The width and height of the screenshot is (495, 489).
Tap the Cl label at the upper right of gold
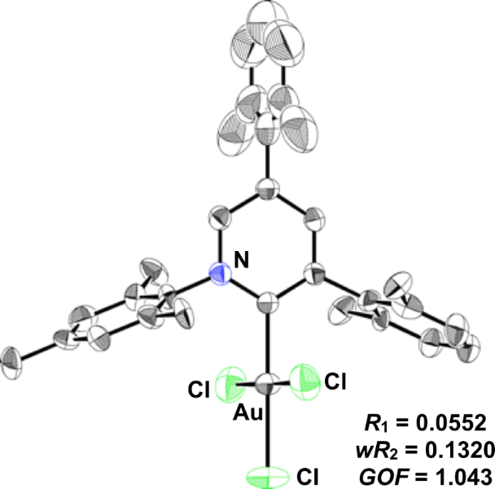(x=335, y=380)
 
